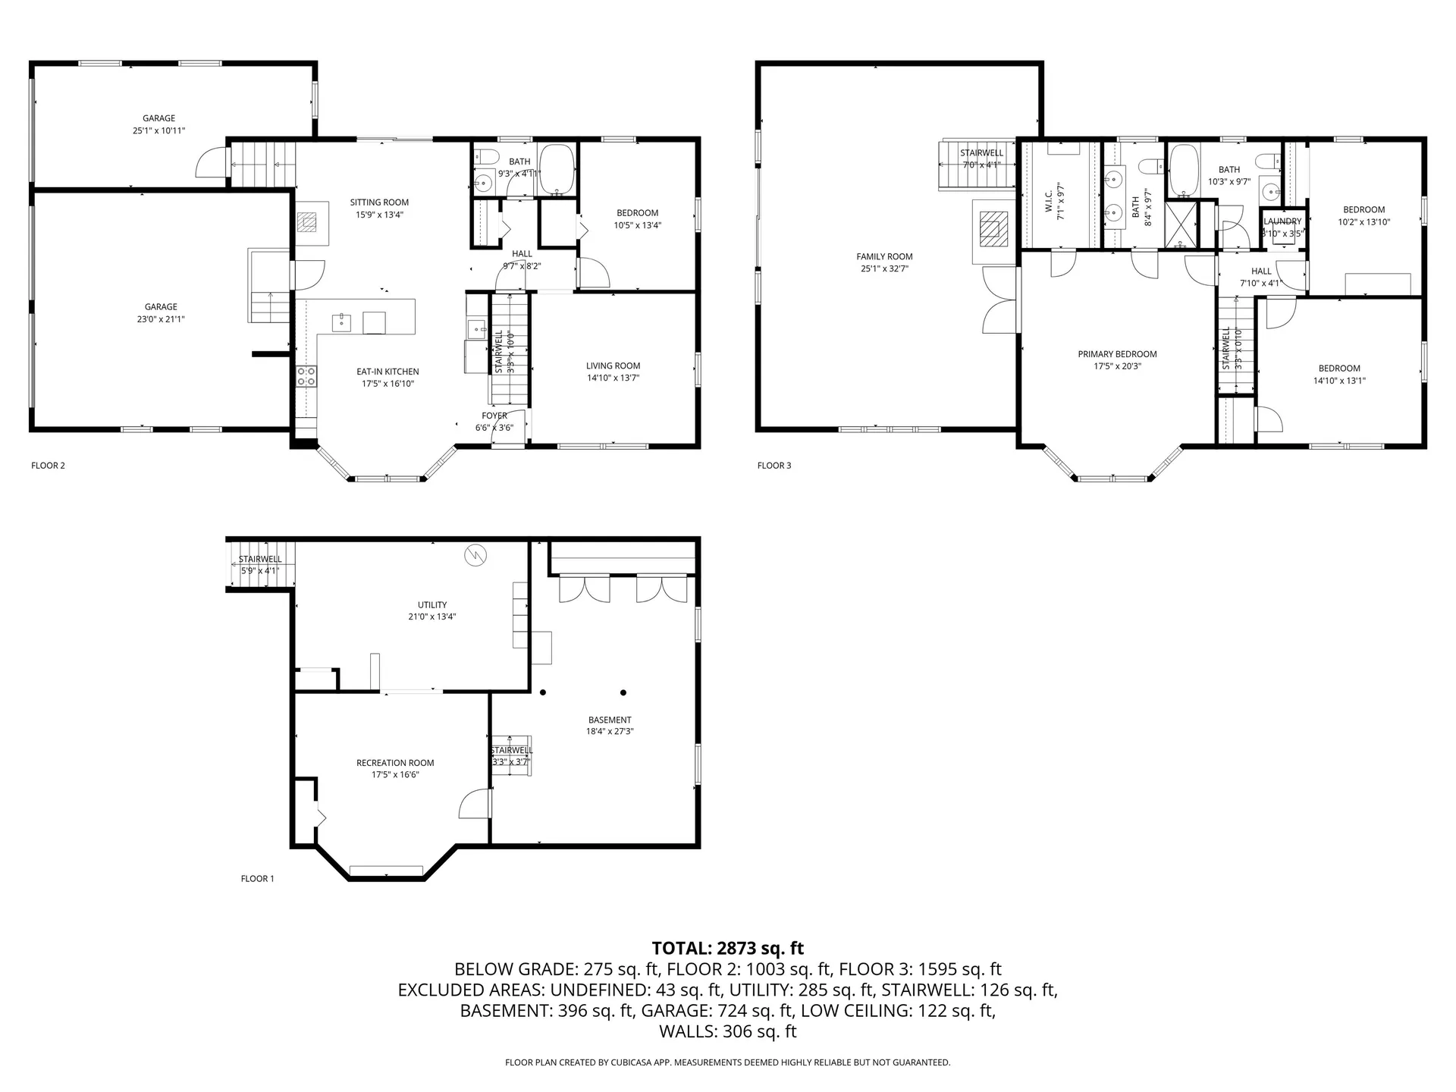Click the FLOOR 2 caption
tap(48, 466)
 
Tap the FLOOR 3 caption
tap(773, 466)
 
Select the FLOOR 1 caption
tap(257, 879)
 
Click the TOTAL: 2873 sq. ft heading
tap(727, 948)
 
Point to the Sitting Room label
tap(379, 202)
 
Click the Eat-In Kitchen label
tap(388, 372)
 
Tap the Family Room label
tap(884, 256)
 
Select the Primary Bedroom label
tap(1117, 354)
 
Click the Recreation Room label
tap(395, 763)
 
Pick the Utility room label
tap(432, 605)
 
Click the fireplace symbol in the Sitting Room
tap(307, 222)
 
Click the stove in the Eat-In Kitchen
tap(306, 376)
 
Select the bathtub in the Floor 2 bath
tap(558, 171)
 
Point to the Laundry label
tap(1282, 221)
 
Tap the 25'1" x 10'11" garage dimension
tap(158, 130)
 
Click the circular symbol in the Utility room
tap(475, 554)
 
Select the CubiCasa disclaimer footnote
tap(727, 1062)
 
